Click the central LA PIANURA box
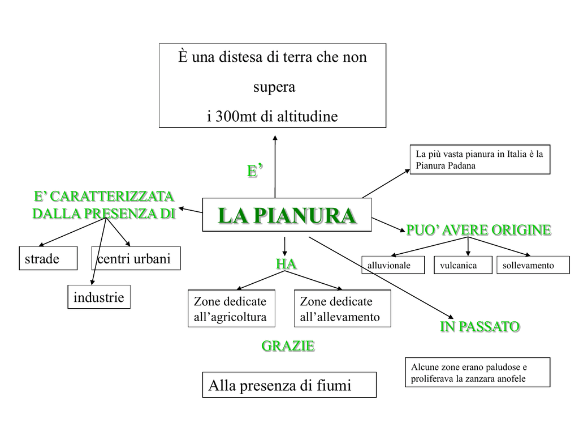pos(287,215)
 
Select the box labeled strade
pos(47,258)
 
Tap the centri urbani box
pos(136,258)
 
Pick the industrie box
pos(99,297)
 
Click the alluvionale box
pos(392,265)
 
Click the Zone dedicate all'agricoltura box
pos(231,309)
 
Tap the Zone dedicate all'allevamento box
pos(342,309)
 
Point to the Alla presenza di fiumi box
pos(289,385)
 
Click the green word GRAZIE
pos(288,346)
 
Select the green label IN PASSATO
pos(479,327)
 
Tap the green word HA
pos(286,264)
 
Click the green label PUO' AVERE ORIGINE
pos(478,230)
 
